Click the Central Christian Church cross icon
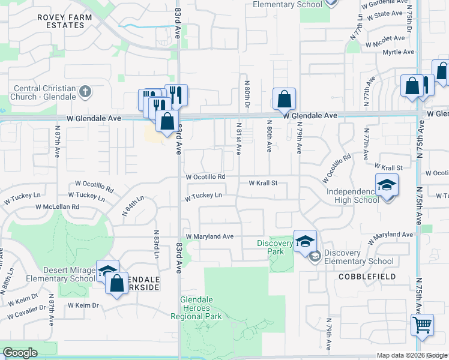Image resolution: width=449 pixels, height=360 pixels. pyautogui.click(x=85, y=92)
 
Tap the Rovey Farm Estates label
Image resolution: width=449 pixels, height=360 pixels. pyautogui.click(x=65, y=22)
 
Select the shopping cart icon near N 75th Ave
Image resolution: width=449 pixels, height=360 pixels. pyautogui.click(x=422, y=325)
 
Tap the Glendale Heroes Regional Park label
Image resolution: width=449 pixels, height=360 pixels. pyautogui.click(x=196, y=308)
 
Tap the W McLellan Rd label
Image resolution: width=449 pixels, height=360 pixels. pyautogui.click(x=57, y=206)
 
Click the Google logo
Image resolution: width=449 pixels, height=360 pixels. pyautogui.click(x=20, y=353)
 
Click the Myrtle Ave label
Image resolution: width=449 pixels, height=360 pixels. pyautogui.click(x=399, y=52)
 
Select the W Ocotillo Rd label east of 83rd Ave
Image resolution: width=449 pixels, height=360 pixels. pyautogui.click(x=205, y=177)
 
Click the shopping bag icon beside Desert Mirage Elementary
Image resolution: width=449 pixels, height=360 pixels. pyautogui.click(x=117, y=283)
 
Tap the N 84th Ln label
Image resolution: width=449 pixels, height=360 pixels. pyautogui.click(x=133, y=208)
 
